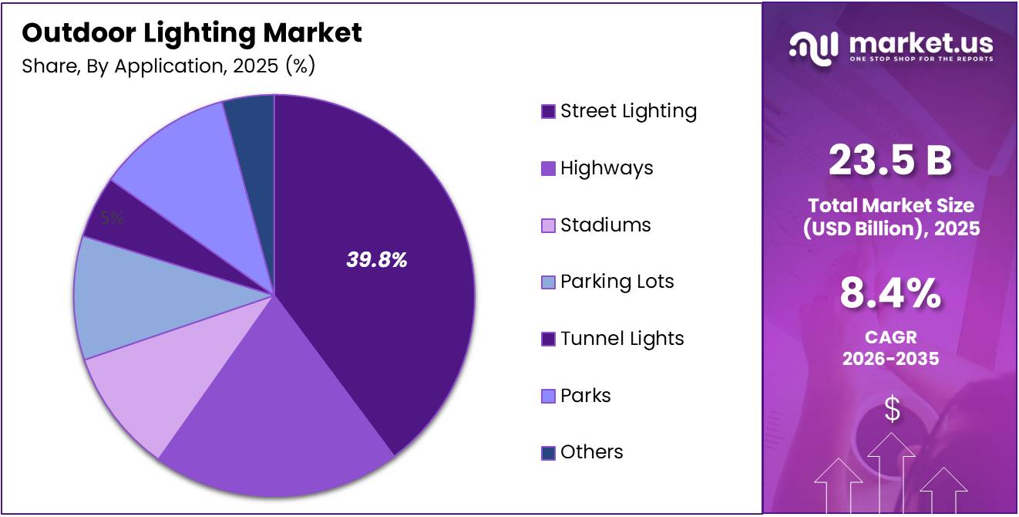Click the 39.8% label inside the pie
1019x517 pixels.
[x=376, y=261]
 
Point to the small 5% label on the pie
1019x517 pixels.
[x=113, y=218]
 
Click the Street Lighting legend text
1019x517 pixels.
[x=628, y=111]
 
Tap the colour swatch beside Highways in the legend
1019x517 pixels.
[x=548, y=168]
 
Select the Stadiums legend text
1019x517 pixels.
[x=605, y=225]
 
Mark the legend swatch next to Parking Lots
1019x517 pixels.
[x=548, y=282]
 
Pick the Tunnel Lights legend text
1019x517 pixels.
[x=622, y=339]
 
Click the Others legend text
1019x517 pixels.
[x=591, y=452]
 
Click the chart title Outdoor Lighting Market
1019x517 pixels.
[x=192, y=32]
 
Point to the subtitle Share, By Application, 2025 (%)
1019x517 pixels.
[x=169, y=66]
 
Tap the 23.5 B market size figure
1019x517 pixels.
[x=890, y=161]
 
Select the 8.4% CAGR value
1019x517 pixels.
[x=890, y=294]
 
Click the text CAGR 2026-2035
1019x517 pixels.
[x=890, y=348]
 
